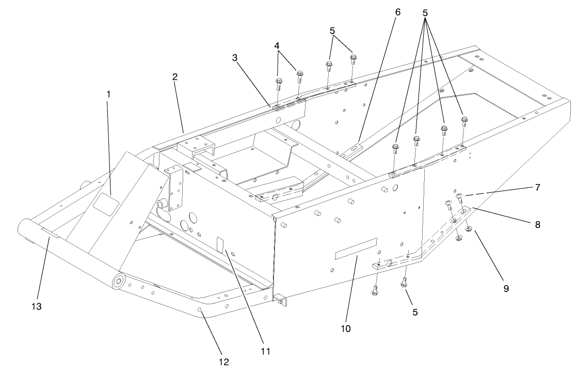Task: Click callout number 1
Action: pos(108,95)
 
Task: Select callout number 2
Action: pos(175,77)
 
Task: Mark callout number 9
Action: pos(506,288)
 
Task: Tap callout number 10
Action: pos(346,328)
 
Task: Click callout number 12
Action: pos(223,362)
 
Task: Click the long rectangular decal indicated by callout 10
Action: pos(356,247)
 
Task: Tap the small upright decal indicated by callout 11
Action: pos(219,245)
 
